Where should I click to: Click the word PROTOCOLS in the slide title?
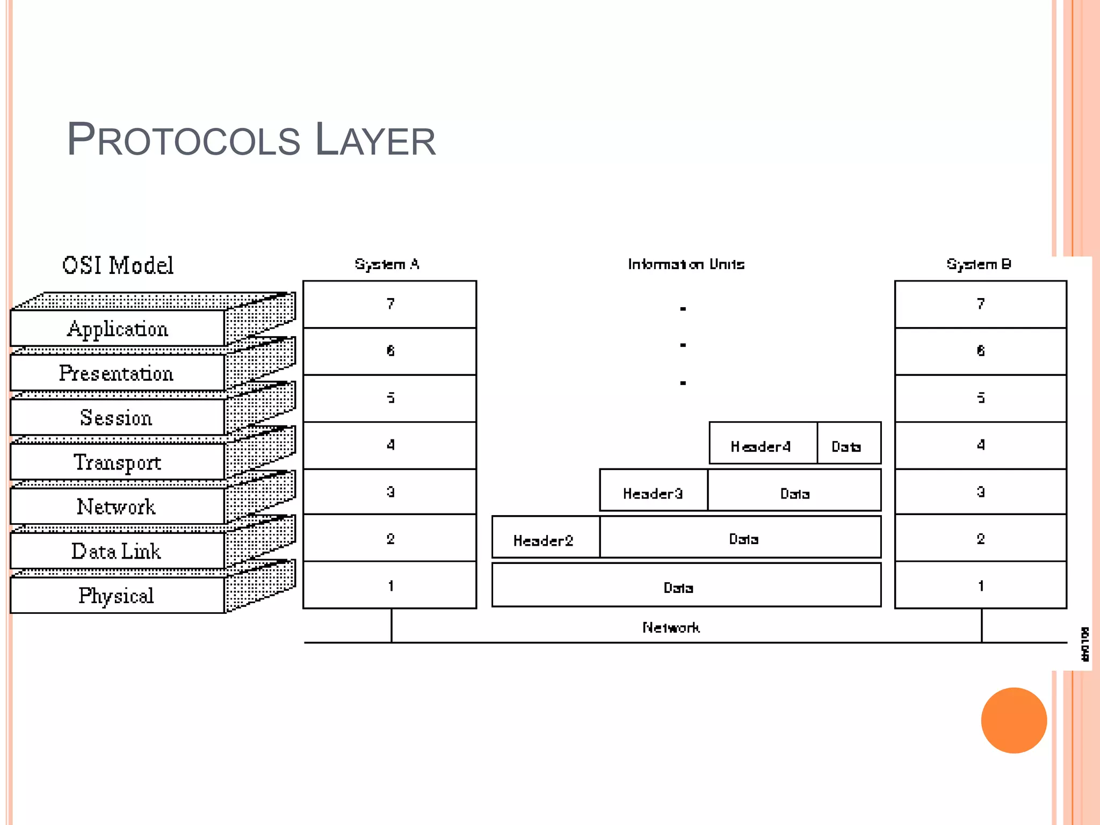(183, 140)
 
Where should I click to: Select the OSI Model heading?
(118, 265)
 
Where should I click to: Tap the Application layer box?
(117, 329)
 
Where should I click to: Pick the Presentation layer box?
(117, 373)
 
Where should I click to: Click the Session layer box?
(117, 418)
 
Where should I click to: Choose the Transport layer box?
(117, 462)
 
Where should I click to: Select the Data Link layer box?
(117, 551)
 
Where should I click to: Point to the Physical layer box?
(117, 596)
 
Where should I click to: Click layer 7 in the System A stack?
(390, 304)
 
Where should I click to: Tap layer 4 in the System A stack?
(390, 445)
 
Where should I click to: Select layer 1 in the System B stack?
(981, 585)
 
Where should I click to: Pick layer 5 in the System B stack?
(981, 398)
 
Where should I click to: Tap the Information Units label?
(686, 264)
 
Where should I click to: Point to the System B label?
(979, 264)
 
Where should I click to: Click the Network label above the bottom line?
(671, 627)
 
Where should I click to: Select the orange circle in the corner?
(1014, 720)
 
